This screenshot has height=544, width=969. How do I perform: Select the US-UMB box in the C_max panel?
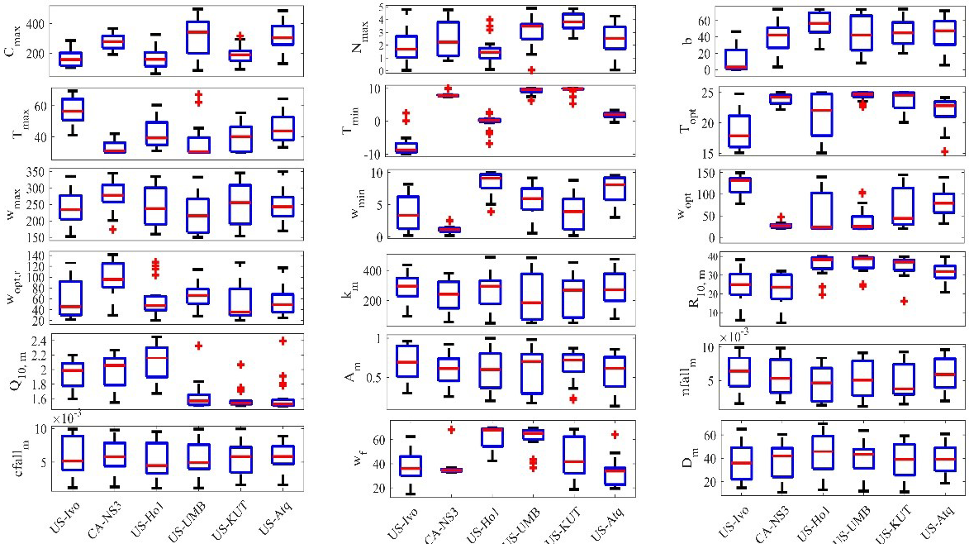(x=197, y=48)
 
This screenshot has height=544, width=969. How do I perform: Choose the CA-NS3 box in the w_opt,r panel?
(x=112, y=275)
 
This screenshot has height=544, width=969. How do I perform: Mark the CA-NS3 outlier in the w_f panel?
(x=451, y=429)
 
